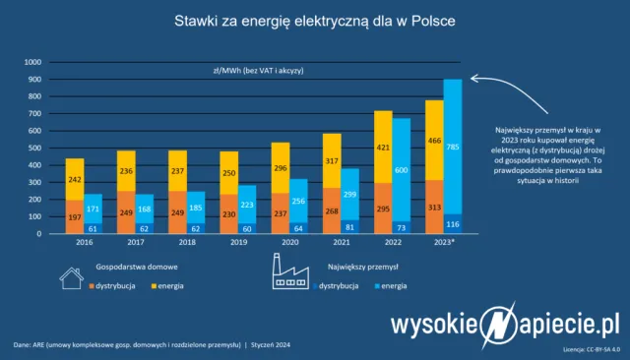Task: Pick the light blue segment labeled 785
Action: coord(452,148)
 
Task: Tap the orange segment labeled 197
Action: coord(74,216)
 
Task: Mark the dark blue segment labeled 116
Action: coord(452,224)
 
